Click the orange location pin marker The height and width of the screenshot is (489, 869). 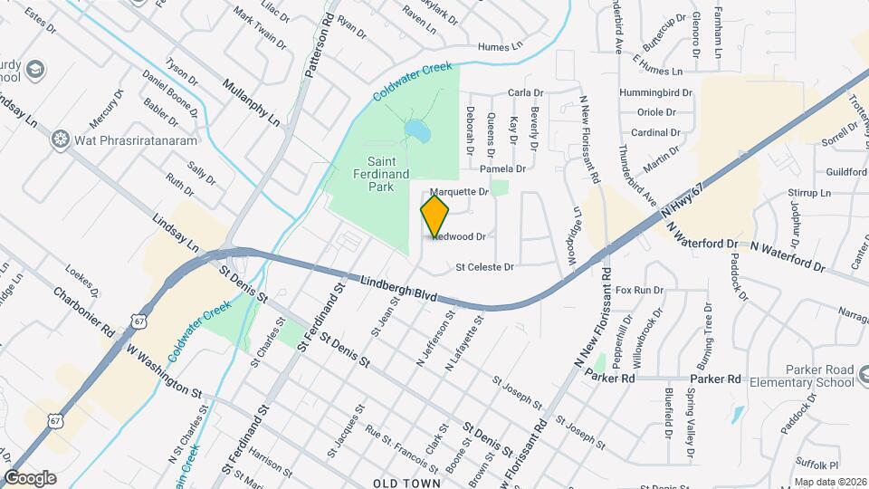point(435,216)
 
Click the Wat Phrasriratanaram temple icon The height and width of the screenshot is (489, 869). point(61,139)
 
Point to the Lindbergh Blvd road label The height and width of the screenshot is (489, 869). point(399,290)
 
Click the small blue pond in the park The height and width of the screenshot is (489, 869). point(417,132)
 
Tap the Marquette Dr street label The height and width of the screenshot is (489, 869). point(459,192)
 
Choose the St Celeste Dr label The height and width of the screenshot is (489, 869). point(484,267)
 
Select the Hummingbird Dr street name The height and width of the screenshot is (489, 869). point(656,92)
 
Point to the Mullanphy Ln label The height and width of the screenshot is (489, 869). point(252,99)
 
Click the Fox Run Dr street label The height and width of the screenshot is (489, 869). point(639,291)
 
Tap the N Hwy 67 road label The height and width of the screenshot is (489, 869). point(682,205)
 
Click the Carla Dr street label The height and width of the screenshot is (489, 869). point(525,93)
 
